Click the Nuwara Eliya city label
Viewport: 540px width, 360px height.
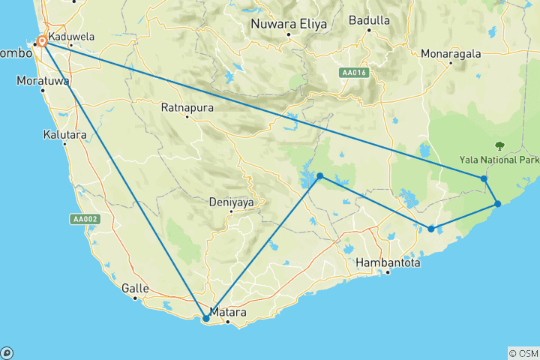[289, 24]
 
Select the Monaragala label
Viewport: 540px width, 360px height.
[451, 53]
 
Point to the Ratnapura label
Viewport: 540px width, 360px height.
[187, 108]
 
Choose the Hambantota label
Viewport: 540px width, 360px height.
[388, 263]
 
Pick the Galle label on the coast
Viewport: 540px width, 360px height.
[135, 288]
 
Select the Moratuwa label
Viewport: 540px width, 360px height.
[43, 79]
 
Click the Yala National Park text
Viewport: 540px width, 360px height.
[499, 160]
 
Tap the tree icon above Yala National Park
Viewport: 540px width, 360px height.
[499, 145]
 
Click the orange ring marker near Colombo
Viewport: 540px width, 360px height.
[43, 42]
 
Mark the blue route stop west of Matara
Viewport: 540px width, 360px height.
[206, 318]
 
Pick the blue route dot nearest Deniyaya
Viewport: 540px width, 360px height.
[320, 176]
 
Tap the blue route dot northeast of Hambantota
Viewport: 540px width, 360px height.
[431, 229]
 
